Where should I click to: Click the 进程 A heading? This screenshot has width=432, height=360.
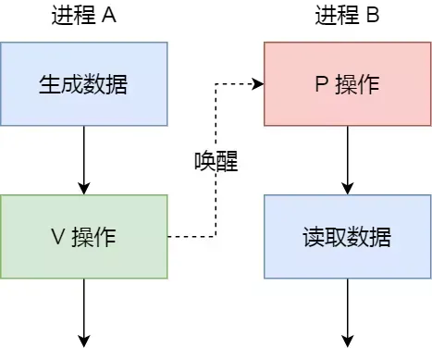83,17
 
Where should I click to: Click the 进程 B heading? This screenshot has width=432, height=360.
347,17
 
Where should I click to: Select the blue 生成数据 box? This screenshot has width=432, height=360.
83,84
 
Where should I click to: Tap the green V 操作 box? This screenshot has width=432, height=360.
83,236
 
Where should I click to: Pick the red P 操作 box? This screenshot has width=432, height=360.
347,84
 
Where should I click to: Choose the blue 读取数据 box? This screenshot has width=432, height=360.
347,236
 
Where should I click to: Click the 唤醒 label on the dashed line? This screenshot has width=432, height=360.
216,163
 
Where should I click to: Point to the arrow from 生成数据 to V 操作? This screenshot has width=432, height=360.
84,160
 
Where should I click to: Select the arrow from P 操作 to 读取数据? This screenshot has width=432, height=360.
348,160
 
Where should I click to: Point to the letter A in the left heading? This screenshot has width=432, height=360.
109,17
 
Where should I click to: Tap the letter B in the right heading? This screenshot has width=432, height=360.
373,17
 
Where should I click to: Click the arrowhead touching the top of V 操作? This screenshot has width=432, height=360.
84,189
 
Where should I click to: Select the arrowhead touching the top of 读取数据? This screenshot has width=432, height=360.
348,189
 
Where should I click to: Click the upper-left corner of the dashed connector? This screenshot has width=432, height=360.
216,84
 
